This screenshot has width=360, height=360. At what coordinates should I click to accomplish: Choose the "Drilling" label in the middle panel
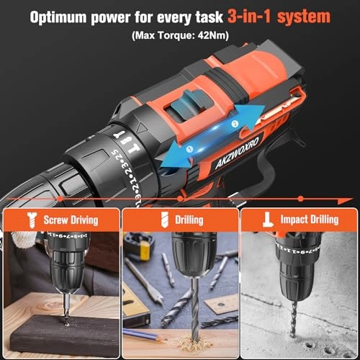188,220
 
